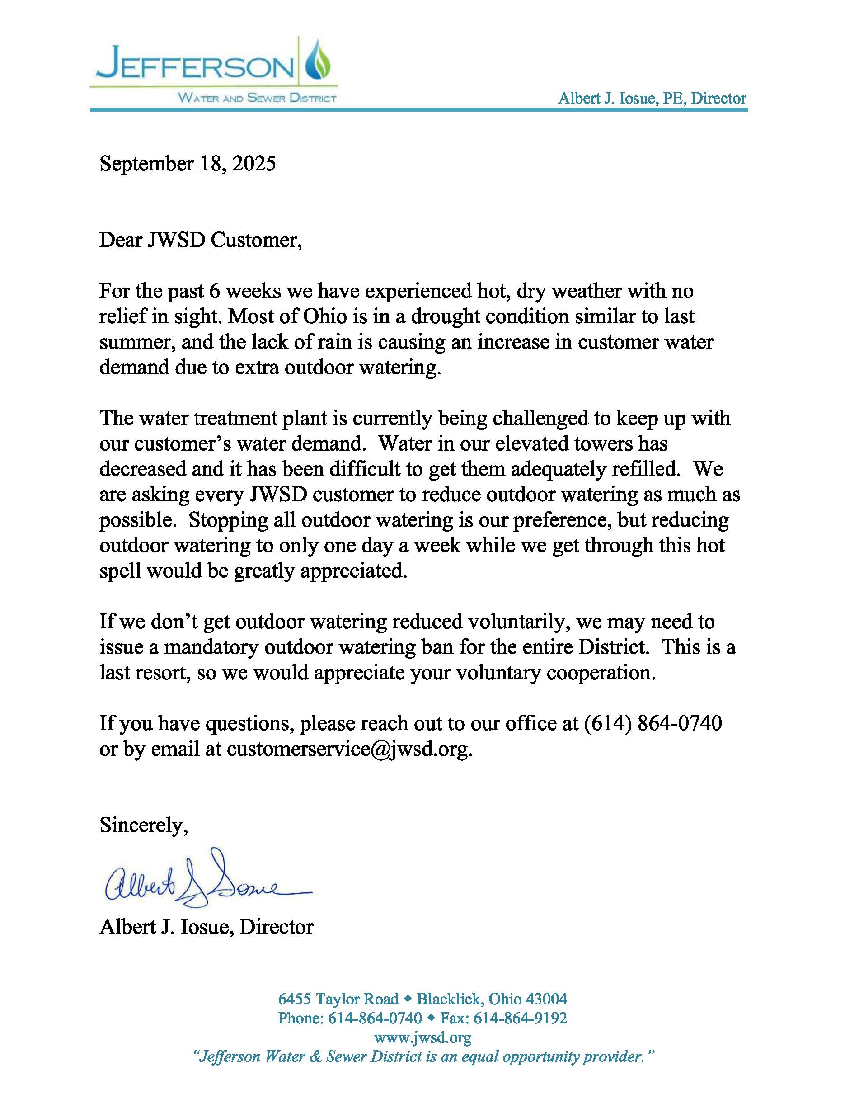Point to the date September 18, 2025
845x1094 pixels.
188,164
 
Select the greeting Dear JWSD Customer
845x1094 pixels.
200,240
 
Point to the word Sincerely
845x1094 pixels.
143,825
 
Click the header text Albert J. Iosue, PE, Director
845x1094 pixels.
652,98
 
